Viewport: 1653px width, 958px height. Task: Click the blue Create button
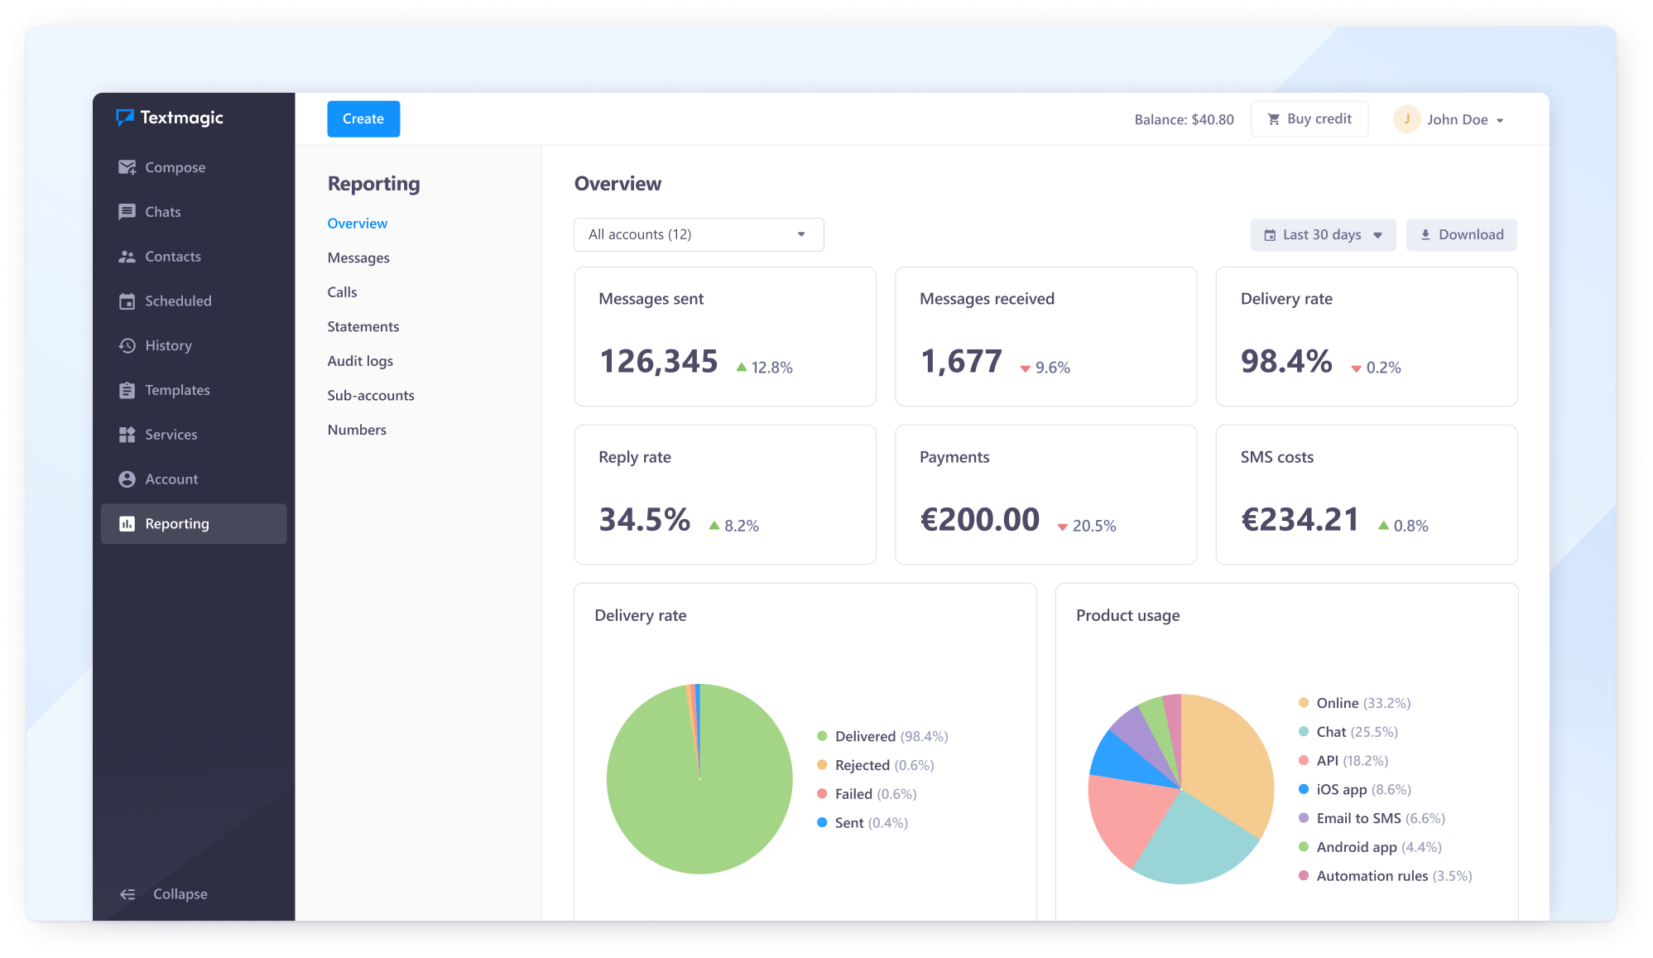click(363, 119)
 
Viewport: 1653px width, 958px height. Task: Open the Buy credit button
click(1309, 119)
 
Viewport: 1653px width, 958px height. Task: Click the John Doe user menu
click(1449, 119)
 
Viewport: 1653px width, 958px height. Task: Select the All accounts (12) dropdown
click(699, 234)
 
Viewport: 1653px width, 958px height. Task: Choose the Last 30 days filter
click(1323, 235)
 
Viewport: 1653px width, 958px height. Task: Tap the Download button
click(1461, 235)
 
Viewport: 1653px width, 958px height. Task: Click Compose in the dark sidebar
click(162, 167)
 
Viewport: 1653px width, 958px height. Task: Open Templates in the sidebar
click(164, 390)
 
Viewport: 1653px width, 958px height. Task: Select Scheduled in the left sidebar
click(165, 301)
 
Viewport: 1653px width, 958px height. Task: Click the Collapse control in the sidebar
click(163, 894)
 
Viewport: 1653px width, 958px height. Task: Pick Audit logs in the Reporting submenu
click(360, 361)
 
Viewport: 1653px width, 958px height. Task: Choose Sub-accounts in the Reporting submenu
click(371, 396)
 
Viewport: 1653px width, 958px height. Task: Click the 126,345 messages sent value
click(658, 361)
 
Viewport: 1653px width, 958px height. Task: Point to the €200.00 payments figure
click(980, 520)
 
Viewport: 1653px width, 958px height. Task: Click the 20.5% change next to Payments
click(1087, 526)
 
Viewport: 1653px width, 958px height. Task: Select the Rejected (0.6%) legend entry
click(876, 765)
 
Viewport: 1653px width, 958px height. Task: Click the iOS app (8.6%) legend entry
click(1355, 790)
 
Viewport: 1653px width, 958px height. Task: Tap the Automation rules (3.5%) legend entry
click(1385, 876)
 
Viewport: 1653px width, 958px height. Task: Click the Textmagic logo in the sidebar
click(170, 118)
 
